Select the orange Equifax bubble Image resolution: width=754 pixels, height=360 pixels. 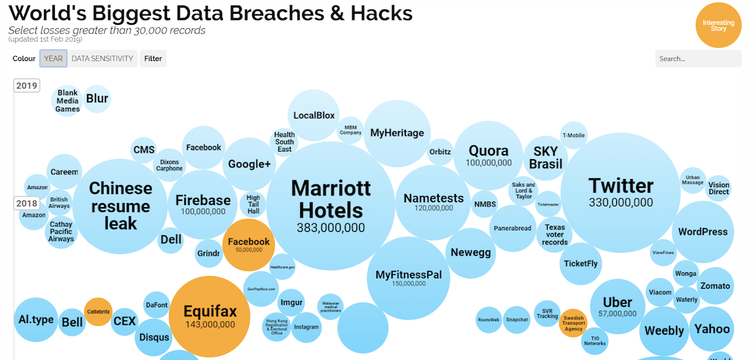[210, 315]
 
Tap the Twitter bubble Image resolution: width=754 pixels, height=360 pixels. [620, 192]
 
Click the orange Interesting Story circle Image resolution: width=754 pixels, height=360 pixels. [718, 25]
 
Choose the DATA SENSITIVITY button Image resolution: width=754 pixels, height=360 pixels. [102, 58]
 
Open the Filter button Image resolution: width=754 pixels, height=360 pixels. [153, 58]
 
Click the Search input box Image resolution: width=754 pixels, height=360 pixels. [698, 58]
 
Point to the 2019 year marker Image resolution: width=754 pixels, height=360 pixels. [27, 86]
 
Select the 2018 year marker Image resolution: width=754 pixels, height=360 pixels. [27, 204]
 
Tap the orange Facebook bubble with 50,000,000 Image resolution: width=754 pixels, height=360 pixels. [249, 245]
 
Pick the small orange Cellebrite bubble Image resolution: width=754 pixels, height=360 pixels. [98, 312]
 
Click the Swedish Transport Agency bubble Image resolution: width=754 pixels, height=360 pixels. [573, 322]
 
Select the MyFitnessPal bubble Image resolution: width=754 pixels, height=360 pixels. [408, 278]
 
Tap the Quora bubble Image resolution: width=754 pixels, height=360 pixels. [488, 155]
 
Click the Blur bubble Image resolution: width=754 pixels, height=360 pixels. [97, 99]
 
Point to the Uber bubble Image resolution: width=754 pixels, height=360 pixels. [617, 306]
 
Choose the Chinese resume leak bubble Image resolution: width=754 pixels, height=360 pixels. [120, 206]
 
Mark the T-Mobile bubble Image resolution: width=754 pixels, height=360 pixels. [573, 135]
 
